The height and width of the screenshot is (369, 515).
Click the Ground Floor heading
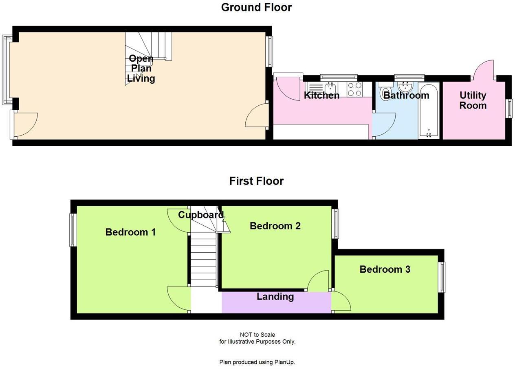point(256,7)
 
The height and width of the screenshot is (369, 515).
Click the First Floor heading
point(256,181)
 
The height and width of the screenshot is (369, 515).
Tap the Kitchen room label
point(322,96)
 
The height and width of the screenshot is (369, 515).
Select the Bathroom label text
point(406,96)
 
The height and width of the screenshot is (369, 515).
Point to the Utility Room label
point(473,100)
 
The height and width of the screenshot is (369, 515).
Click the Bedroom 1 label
point(130,232)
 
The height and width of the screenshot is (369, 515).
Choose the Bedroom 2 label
point(275,226)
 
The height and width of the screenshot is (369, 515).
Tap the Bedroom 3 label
point(385,269)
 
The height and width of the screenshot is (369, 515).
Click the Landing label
point(275,297)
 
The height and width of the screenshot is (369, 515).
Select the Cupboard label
point(201,215)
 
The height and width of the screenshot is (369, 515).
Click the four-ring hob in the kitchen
point(354,89)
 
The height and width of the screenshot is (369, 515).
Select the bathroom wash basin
point(405,87)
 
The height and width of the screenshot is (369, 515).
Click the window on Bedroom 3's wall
point(442,277)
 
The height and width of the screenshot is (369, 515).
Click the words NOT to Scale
point(257,335)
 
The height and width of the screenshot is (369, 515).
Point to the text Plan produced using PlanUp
point(257,362)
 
